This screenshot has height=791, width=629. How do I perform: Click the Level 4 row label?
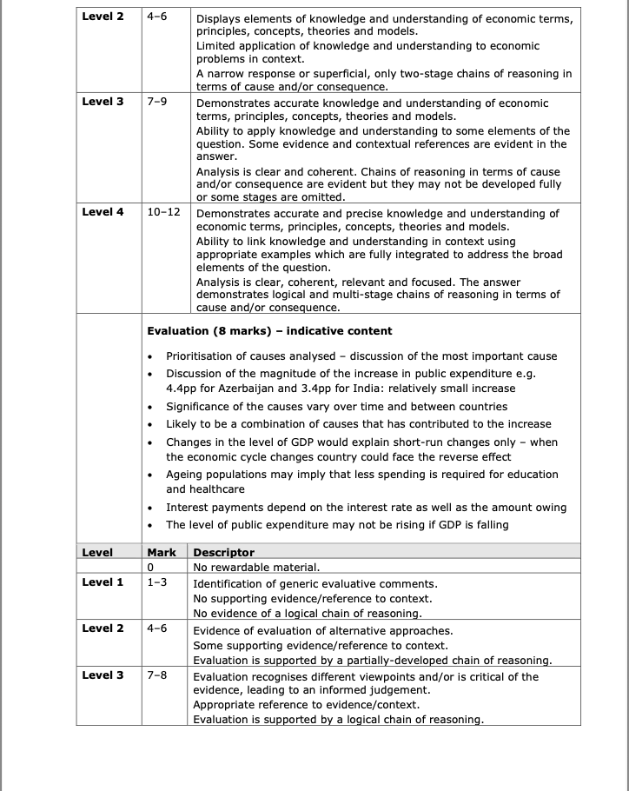[x=103, y=212]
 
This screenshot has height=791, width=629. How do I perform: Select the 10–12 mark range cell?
[x=163, y=212]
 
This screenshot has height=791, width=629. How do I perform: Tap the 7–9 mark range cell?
[x=157, y=102]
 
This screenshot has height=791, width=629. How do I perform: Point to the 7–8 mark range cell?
[x=157, y=675]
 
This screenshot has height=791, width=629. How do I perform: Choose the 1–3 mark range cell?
[x=157, y=582]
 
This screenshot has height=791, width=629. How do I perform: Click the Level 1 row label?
[x=103, y=582]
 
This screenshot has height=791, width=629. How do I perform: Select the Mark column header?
[x=162, y=552]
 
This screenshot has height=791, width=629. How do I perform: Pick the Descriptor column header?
[x=223, y=552]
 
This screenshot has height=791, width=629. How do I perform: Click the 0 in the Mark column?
[x=150, y=567]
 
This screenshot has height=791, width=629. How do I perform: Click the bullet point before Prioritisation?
[x=151, y=356]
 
